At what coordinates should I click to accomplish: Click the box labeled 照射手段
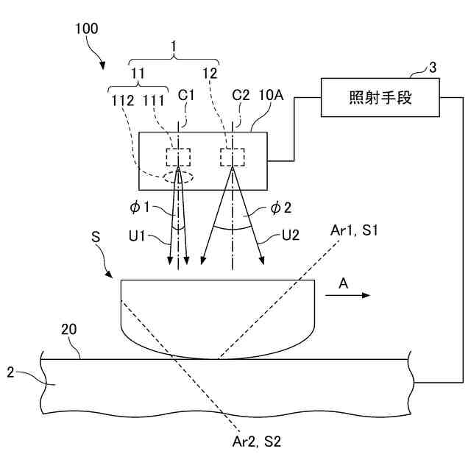click(x=380, y=97)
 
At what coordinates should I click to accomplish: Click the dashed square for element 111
click(x=178, y=157)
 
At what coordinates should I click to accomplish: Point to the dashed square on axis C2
click(x=232, y=157)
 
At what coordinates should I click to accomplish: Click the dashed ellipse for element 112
click(x=177, y=177)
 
